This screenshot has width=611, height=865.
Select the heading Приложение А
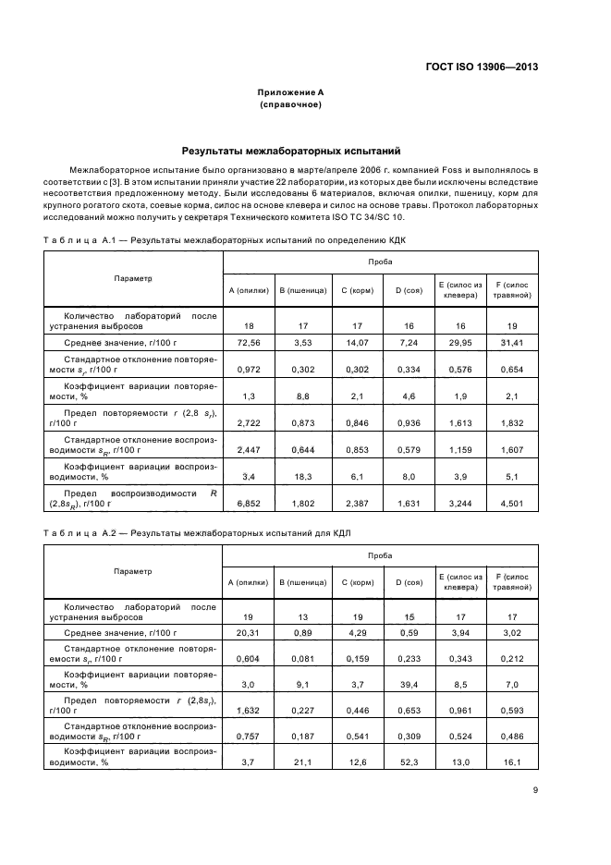[x=290, y=92]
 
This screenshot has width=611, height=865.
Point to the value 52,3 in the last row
[x=409, y=762]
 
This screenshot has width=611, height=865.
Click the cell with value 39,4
[x=409, y=685]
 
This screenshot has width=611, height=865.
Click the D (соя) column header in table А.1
[x=409, y=290]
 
